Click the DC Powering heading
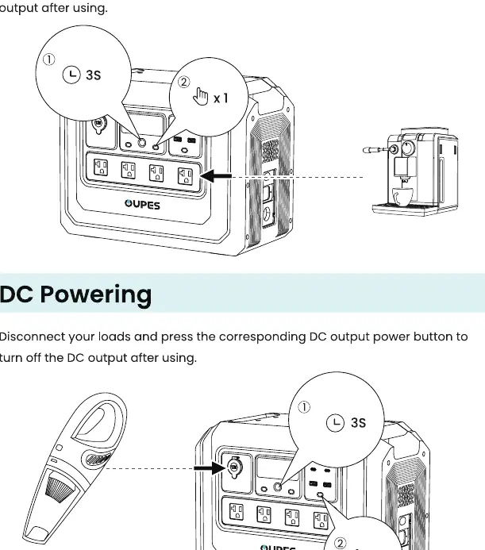coord(75,295)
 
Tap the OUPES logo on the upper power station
coord(142,205)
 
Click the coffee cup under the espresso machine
coord(402,197)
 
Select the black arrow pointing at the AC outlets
coord(215,176)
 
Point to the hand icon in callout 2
coord(200,96)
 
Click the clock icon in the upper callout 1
coord(71,75)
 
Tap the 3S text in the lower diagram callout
coord(358,423)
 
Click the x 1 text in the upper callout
coord(221,98)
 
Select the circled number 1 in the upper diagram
coord(48,60)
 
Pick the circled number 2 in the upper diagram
coord(183,82)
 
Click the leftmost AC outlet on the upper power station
coord(101,167)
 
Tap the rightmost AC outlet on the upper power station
coord(185,176)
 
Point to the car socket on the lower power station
coord(233,467)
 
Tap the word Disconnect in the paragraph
coord(33,337)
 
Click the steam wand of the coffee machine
coord(377,150)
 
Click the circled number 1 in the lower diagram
coord(304,407)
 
